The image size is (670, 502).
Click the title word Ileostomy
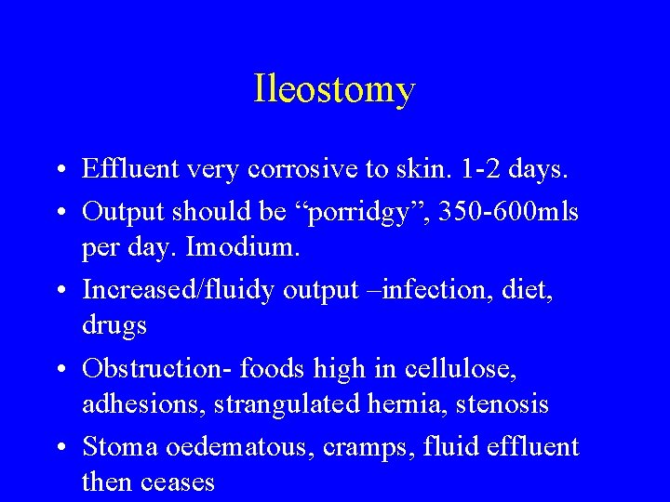click(334, 90)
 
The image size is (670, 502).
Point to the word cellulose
click(461, 368)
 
